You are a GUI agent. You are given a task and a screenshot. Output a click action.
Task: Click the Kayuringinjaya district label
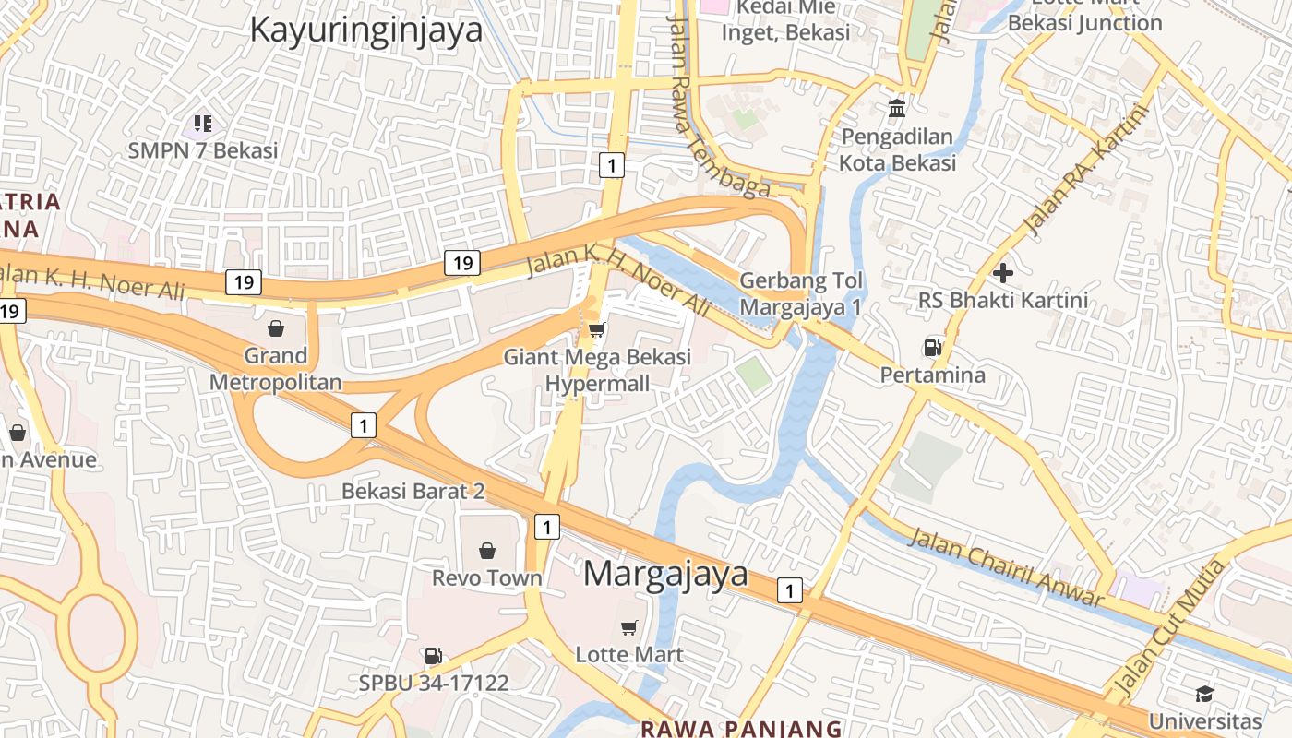click(366, 30)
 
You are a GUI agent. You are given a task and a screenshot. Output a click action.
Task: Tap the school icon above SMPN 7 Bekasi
click(203, 123)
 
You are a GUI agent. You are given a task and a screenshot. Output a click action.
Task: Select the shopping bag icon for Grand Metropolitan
click(275, 327)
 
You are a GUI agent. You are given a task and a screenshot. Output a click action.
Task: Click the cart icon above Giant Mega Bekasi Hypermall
click(597, 329)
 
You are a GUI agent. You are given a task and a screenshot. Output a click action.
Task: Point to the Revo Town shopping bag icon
click(487, 551)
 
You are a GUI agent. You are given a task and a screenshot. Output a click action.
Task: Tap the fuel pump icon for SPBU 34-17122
click(433, 656)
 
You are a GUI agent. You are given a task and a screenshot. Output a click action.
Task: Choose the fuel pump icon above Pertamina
click(932, 348)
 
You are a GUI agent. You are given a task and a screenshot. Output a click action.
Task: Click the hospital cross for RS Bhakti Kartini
click(1003, 272)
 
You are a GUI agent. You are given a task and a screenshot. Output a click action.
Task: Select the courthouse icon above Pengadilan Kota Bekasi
click(896, 110)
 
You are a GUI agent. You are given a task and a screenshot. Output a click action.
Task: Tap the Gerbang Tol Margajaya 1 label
click(801, 292)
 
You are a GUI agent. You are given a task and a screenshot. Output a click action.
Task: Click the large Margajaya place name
click(665, 574)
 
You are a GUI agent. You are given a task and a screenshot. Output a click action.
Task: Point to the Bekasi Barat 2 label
click(413, 491)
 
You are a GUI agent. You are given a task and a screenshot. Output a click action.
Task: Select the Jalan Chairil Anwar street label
click(1005, 567)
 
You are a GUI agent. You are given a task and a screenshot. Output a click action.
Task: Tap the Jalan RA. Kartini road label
click(1087, 170)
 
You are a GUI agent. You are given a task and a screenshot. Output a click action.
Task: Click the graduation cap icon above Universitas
click(1204, 694)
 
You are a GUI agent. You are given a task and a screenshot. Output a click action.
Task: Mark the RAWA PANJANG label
click(741, 728)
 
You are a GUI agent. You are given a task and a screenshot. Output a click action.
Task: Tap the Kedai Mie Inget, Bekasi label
click(785, 20)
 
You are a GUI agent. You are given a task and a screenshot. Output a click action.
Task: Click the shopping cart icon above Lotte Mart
click(629, 627)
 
